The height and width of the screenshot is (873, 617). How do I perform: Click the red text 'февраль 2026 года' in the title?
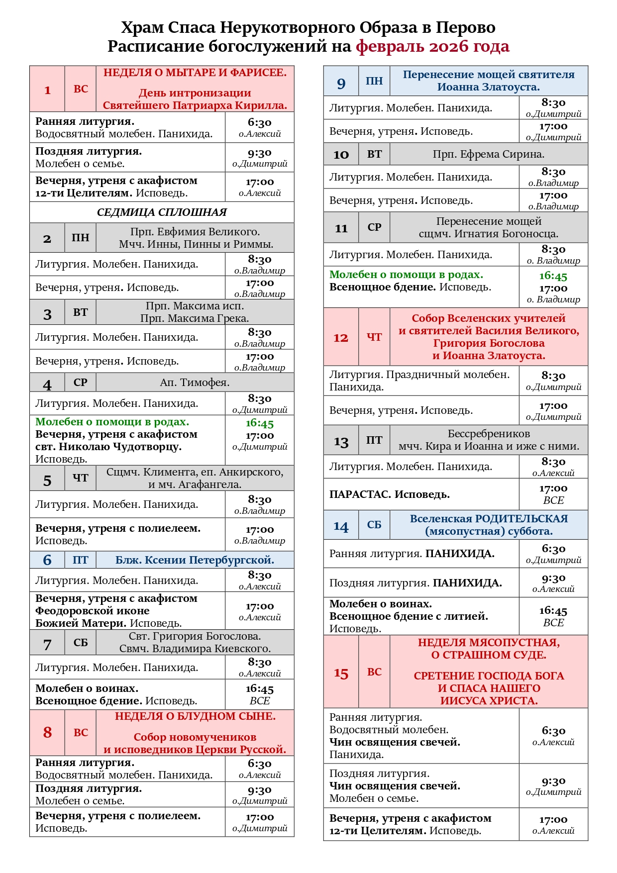pyautogui.click(x=432, y=46)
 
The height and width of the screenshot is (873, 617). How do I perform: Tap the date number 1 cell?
pyautogui.click(x=47, y=90)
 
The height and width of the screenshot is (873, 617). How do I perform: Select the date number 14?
pyautogui.click(x=341, y=526)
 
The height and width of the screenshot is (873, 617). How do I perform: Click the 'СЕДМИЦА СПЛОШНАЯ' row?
pyautogui.click(x=162, y=212)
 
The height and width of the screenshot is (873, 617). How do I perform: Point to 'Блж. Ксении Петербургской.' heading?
pyautogui.click(x=195, y=560)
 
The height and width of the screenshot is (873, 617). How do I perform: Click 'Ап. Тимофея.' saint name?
pyautogui.click(x=195, y=383)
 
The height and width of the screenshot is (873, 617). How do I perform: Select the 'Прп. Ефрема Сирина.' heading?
pyautogui.click(x=488, y=154)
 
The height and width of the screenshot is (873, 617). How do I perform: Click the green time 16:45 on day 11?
pyautogui.click(x=553, y=276)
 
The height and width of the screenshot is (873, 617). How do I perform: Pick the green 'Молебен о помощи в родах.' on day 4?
pyautogui.click(x=112, y=422)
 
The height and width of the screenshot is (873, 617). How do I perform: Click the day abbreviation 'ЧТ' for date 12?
pyautogui.click(x=374, y=337)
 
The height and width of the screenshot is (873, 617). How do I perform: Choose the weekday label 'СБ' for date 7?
pyautogui.click(x=81, y=642)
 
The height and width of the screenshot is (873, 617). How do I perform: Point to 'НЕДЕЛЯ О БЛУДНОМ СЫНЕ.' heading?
pyautogui.click(x=195, y=716)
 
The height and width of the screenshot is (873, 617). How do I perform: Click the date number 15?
pyautogui.click(x=341, y=673)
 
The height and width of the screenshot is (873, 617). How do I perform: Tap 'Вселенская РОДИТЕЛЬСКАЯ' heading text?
pyautogui.click(x=489, y=519)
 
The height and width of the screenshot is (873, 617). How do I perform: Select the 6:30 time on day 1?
pyautogui.click(x=259, y=122)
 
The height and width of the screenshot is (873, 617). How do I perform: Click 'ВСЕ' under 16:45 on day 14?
pyautogui.click(x=553, y=623)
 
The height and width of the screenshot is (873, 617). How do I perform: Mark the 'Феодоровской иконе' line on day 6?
pyautogui.click(x=92, y=611)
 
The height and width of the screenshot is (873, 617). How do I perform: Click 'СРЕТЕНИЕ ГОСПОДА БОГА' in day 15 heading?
pyautogui.click(x=489, y=676)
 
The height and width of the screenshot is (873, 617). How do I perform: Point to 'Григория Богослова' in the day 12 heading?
pyautogui.click(x=489, y=343)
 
